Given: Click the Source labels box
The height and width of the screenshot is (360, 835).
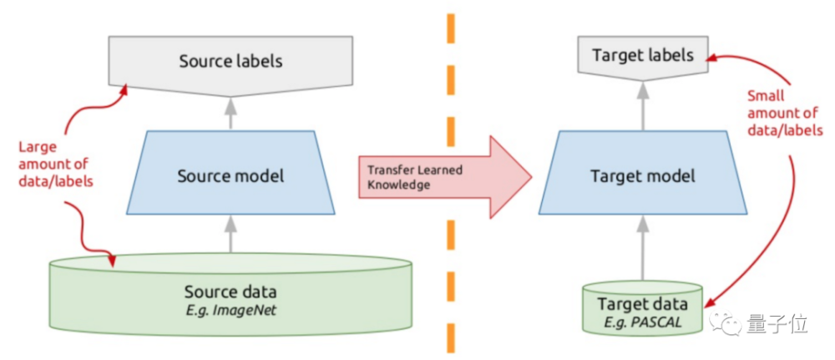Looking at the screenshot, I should tap(231, 62).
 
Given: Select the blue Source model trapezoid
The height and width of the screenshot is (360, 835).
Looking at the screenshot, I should tap(230, 176).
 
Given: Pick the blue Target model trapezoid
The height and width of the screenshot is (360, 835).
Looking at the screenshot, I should tap(642, 176).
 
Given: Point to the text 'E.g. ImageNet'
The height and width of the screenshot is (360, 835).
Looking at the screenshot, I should tap(230, 311).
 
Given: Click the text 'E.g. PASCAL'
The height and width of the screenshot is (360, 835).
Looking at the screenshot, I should tap(642, 322).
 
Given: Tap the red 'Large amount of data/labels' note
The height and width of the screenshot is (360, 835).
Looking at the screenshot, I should tap(53, 165).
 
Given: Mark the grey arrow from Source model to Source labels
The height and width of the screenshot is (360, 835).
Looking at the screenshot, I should tap(231, 111).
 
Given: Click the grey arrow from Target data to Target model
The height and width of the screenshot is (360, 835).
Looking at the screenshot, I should tap(642, 246).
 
